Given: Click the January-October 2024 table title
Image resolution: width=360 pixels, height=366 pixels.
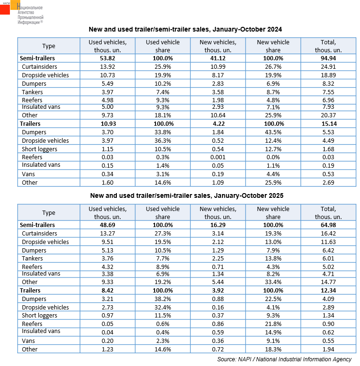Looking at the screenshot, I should point(185,29).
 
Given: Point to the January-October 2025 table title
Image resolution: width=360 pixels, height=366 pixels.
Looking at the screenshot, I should point(185,195).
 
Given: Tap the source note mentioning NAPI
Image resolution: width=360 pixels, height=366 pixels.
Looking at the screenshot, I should point(284,359).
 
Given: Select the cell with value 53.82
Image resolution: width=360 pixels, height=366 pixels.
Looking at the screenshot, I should point(107,58).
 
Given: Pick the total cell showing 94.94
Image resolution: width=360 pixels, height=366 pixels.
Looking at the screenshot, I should point(328,58).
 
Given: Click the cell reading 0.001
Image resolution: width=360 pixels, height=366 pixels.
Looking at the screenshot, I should point(218,157).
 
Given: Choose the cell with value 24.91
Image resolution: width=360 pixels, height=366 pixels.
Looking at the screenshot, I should point(328,67).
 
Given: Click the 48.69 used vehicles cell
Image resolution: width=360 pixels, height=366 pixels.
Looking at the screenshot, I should point(107,225).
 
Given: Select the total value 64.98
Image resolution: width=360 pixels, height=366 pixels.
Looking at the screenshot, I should point(328,225).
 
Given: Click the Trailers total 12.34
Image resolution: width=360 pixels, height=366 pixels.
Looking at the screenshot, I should point(328,290).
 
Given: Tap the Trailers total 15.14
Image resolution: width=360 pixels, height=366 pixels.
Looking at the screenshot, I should point(328,123).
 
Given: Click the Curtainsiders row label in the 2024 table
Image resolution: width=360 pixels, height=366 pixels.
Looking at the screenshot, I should point(40,67).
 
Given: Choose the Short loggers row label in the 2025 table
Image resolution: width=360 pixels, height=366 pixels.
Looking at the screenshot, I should point(40,316).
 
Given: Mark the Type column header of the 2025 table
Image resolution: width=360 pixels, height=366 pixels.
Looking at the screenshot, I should point(49,213).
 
